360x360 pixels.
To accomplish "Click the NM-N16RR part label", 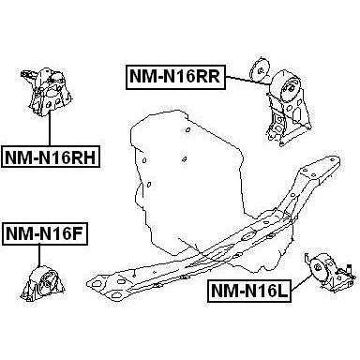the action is (x=175, y=77).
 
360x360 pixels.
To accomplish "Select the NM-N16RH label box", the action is (x=50, y=157).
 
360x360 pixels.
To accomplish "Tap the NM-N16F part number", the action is (x=45, y=233).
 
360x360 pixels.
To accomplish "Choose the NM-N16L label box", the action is (x=249, y=291).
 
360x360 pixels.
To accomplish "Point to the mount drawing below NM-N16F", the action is (x=41, y=283).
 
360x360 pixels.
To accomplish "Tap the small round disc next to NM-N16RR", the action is (x=259, y=68).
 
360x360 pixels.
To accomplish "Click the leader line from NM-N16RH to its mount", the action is (x=50, y=127).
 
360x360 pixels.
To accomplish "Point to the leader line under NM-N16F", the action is (x=38, y=256).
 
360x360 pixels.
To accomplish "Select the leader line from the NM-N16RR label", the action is (x=247, y=81).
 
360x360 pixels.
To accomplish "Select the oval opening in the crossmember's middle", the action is (x=248, y=236).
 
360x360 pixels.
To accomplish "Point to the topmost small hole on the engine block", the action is (x=187, y=129).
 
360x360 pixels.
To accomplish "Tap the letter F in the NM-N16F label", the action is (x=79, y=233).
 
